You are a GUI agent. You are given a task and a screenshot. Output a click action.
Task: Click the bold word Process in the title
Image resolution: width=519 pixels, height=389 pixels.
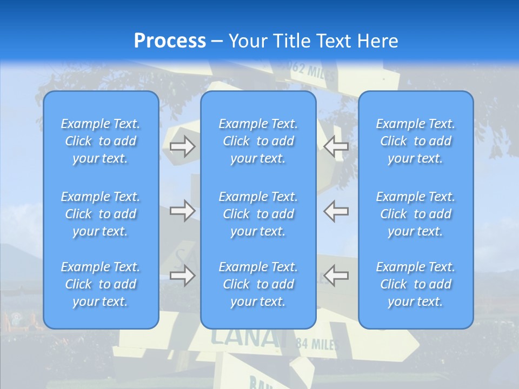pos(170,41)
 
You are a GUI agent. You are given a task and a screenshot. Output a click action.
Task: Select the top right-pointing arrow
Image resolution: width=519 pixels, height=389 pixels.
pos(183,146)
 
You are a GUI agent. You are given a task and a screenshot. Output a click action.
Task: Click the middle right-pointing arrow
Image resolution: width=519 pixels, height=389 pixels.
pos(183,210)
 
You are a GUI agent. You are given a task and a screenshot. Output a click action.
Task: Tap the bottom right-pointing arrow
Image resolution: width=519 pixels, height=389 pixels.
pos(183,276)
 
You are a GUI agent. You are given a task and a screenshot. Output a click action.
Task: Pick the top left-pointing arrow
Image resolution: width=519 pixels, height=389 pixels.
pos(336,146)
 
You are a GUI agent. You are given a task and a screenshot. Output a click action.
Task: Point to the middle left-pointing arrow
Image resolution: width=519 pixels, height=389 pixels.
pos(336,210)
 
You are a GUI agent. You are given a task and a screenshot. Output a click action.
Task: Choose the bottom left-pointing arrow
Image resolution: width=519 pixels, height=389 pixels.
pos(336,276)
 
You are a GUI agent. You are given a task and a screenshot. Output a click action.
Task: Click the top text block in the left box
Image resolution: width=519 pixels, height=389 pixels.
pos(101,141)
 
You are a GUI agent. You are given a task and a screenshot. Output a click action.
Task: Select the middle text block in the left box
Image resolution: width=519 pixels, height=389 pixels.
pos(101,214)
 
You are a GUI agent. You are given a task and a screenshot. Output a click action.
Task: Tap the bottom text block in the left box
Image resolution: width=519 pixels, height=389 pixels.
pos(101,284)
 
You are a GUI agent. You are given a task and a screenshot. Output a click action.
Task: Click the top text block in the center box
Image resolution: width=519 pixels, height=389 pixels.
pos(258,141)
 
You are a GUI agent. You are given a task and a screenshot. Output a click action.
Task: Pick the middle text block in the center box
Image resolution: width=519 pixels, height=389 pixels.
pos(258,214)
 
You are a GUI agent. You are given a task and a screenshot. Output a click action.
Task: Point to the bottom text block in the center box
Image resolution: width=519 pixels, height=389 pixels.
pos(258,284)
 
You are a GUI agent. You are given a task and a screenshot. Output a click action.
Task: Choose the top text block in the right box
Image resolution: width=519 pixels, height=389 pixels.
pos(415,141)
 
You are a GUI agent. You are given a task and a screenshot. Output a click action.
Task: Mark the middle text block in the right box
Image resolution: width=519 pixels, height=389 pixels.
pos(415,214)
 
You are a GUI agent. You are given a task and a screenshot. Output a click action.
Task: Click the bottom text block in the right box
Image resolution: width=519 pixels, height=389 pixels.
pos(415,284)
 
